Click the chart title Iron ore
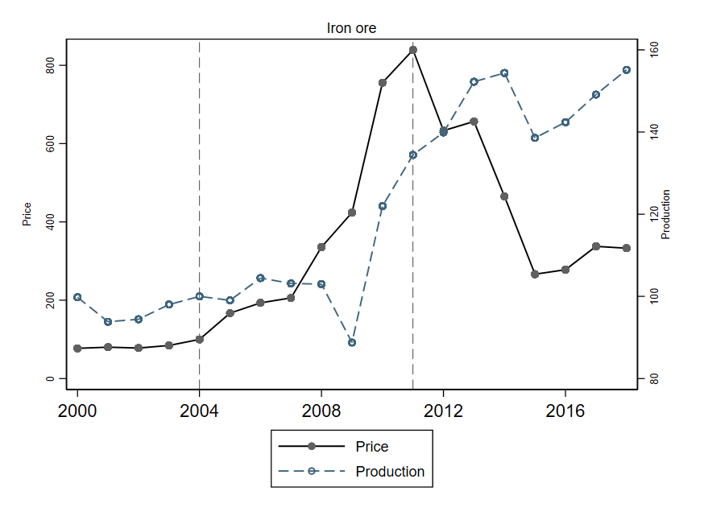(350, 28)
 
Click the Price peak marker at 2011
(413, 50)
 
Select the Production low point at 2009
(352, 342)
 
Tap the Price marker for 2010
(383, 82)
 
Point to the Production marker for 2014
(504, 73)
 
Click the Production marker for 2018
(626, 70)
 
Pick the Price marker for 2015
(535, 275)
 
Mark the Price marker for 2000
(78, 349)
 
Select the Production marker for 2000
(78, 297)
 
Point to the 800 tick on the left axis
(50, 65)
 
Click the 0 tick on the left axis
(50, 378)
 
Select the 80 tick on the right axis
(654, 379)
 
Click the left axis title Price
(27, 214)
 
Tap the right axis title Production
(665, 214)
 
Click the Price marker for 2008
(321, 247)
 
